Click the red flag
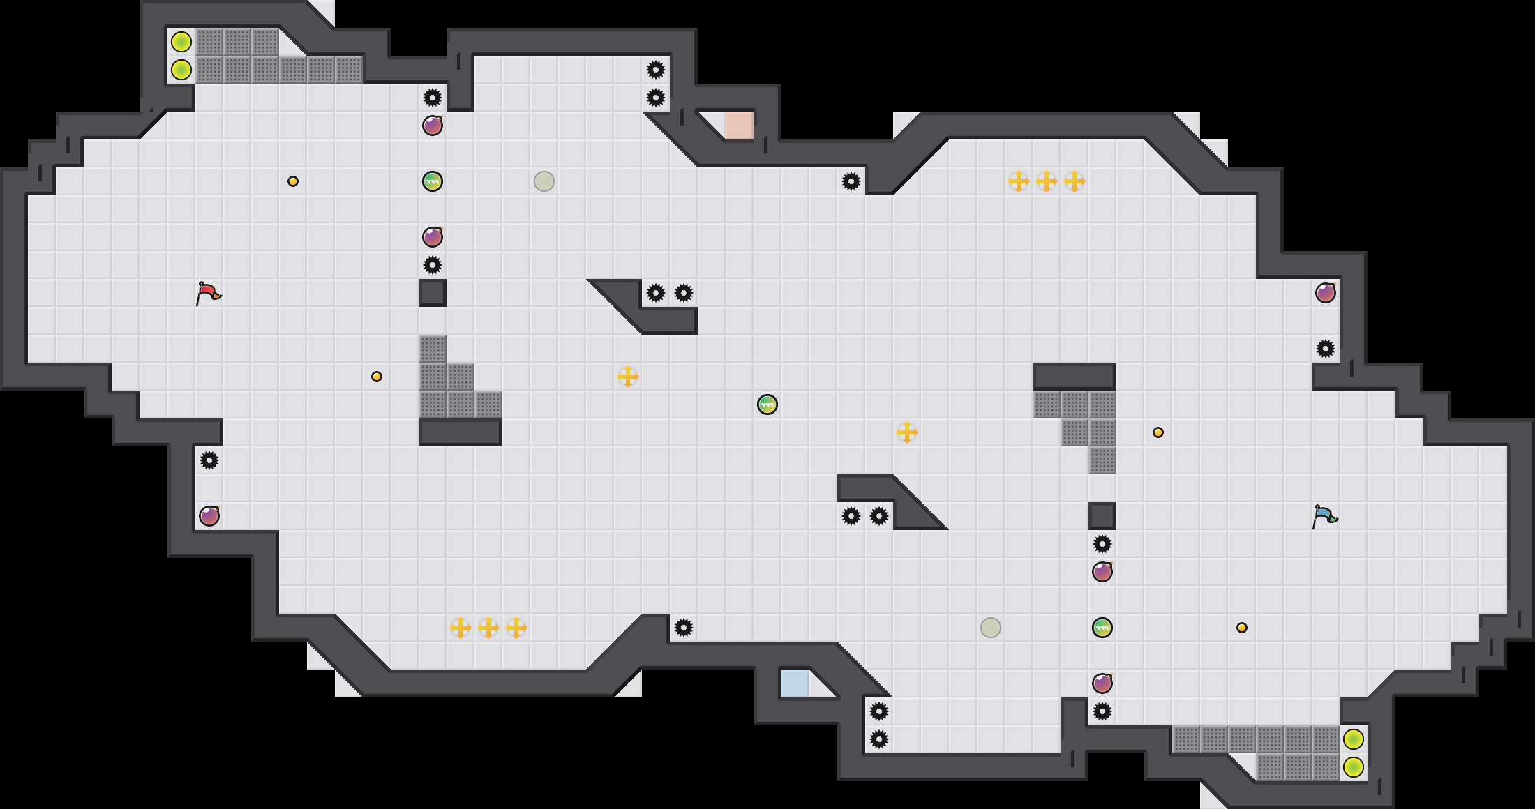click(208, 293)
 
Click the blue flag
click(1324, 516)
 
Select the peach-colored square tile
click(739, 126)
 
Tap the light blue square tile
click(795, 683)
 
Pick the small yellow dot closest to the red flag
click(293, 181)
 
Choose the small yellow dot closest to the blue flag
click(1242, 628)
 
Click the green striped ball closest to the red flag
click(433, 181)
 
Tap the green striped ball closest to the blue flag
click(1102, 628)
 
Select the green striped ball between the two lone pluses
click(767, 404)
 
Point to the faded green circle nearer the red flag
click(544, 181)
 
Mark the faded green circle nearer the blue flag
click(991, 628)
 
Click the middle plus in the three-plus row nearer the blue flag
click(1047, 181)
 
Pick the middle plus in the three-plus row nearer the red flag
click(488, 628)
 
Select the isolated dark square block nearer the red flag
click(433, 293)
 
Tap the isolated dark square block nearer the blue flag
click(1102, 516)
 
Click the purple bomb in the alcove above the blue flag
click(1326, 293)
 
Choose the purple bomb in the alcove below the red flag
click(209, 516)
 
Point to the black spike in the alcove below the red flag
click(209, 460)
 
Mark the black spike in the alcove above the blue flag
click(1326, 349)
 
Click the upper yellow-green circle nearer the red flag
click(181, 42)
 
